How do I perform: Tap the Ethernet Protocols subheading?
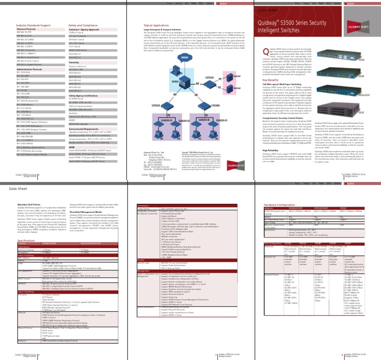[x=27, y=28]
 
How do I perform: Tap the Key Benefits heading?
[x=271, y=79]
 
